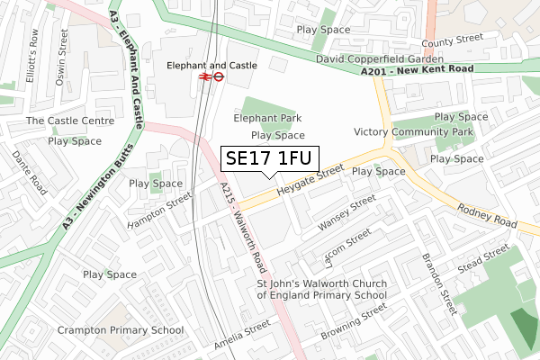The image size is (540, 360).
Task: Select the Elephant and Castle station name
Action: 212,65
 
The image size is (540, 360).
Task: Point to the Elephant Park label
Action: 267,118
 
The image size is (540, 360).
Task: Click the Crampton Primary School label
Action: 121,330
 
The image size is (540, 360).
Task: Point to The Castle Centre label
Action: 70,121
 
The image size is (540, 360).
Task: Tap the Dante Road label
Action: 25,172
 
